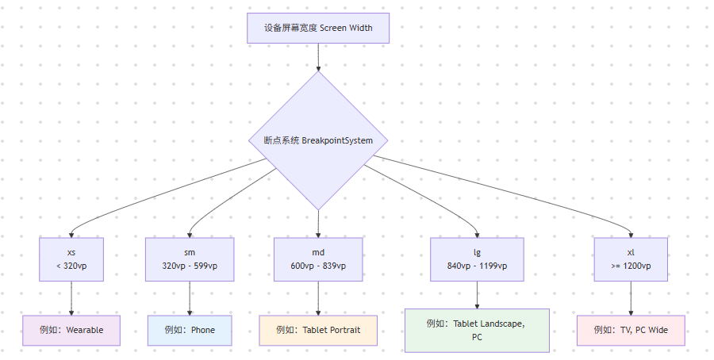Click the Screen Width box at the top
[x=318, y=28]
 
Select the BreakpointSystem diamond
[x=318, y=140]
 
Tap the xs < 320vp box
[x=71, y=259]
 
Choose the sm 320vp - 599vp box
[x=190, y=259]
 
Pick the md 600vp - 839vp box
[x=318, y=259]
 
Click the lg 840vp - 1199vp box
[x=477, y=259]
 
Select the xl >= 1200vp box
[x=631, y=259]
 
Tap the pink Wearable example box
[x=71, y=330]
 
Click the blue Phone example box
[x=190, y=330]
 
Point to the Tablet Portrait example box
[x=318, y=330]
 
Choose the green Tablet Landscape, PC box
[x=477, y=330]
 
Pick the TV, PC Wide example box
[x=631, y=330]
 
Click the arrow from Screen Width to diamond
[x=318, y=57]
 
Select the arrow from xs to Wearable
[x=71, y=297]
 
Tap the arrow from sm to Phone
[x=190, y=297]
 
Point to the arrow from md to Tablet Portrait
[x=318, y=297]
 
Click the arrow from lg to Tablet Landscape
[x=477, y=294]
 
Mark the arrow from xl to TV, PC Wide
[x=631, y=297]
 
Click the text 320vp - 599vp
[x=190, y=266]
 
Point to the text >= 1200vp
[x=631, y=266]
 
